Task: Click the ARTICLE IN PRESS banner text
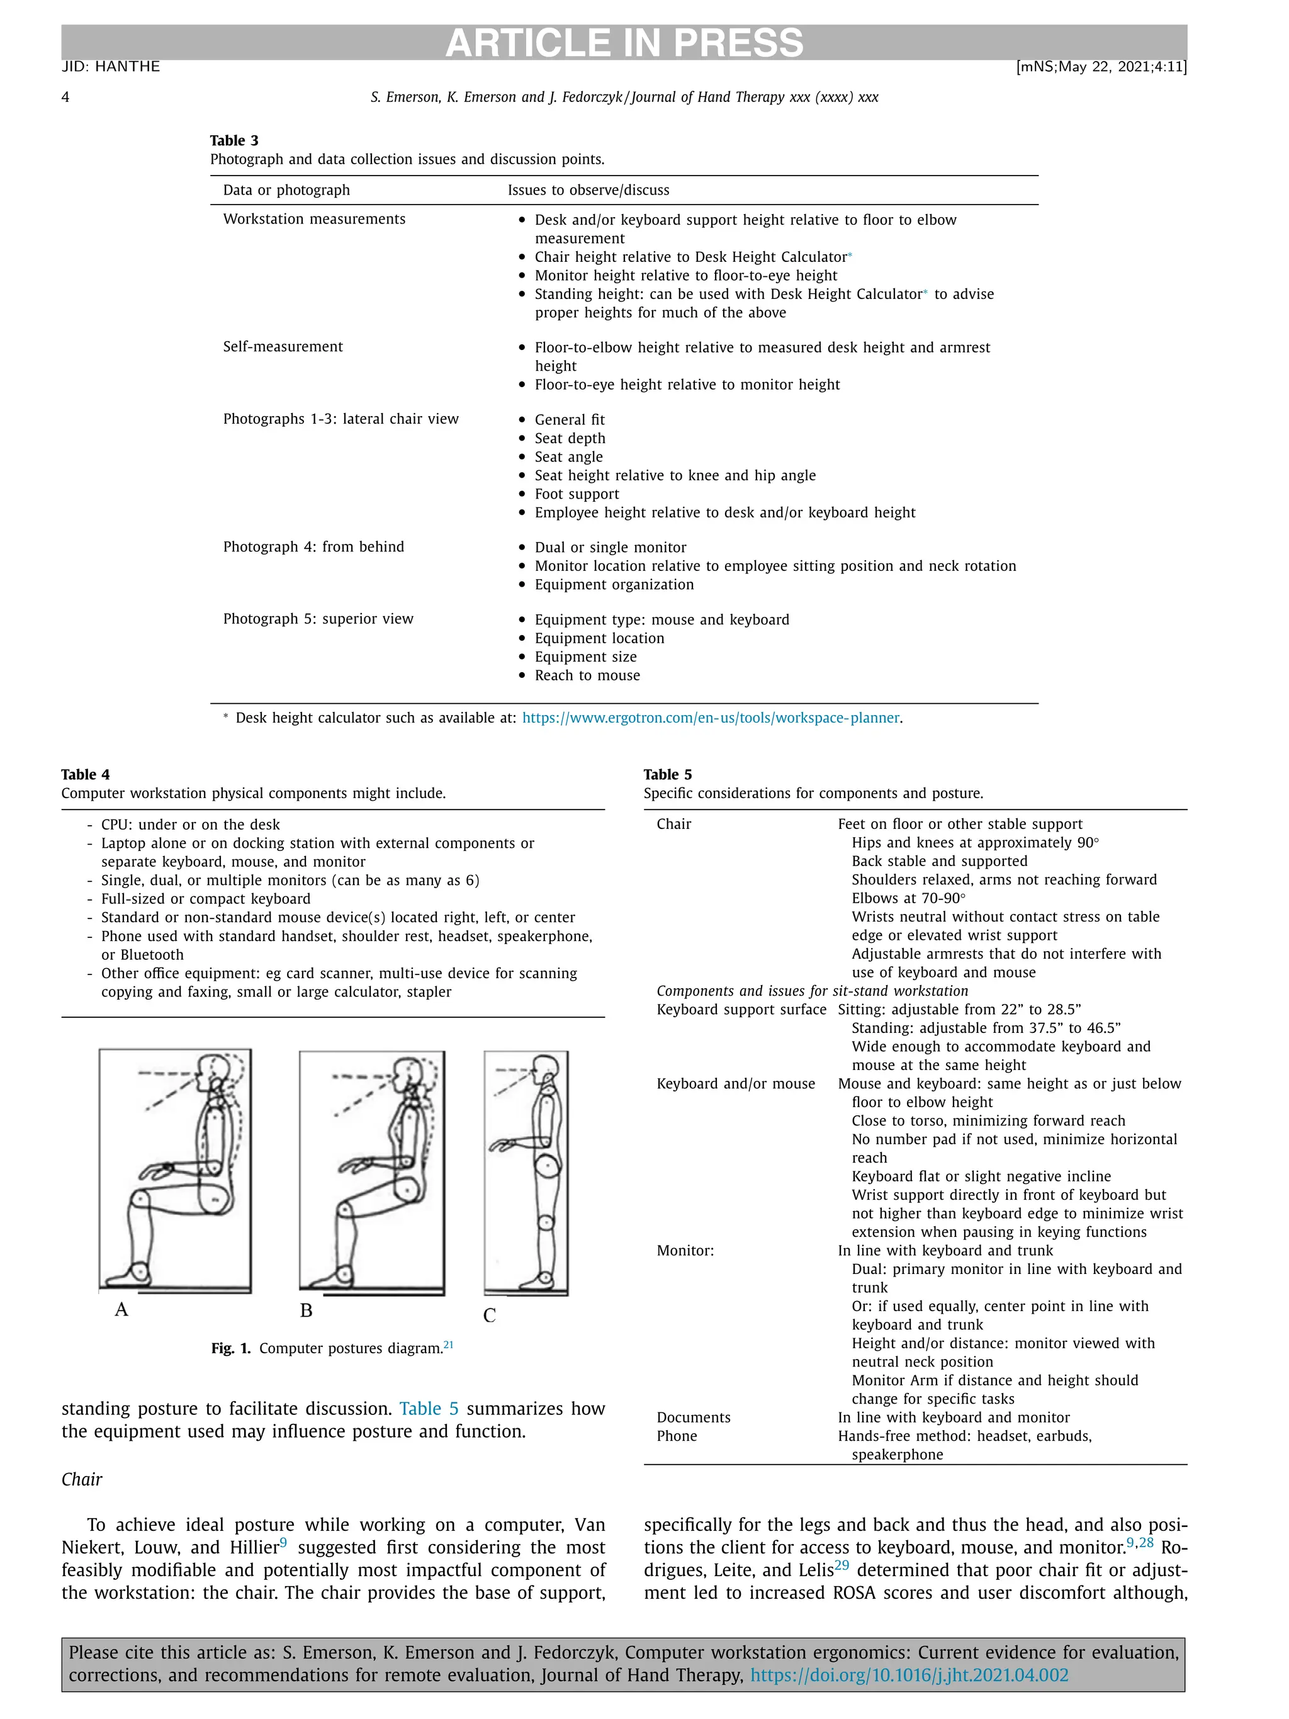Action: tap(624, 43)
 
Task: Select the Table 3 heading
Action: tap(234, 140)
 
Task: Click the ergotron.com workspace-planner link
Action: tap(710, 718)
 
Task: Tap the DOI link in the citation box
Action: tap(908, 1675)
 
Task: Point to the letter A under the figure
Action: tap(121, 1309)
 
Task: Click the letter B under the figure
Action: tap(306, 1310)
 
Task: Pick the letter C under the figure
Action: tap(490, 1315)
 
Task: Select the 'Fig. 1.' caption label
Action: tap(231, 1348)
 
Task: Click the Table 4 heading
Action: tap(86, 774)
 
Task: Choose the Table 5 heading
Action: tap(667, 774)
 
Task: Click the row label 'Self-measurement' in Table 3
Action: tap(283, 347)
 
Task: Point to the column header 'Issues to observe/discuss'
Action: tap(588, 190)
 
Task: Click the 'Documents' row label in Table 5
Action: tap(693, 1417)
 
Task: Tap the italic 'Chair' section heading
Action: tap(82, 1479)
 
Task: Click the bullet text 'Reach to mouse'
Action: tap(587, 675)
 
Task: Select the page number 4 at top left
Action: tap(65, 97)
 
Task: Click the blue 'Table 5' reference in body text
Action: tap(429, 1408)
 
